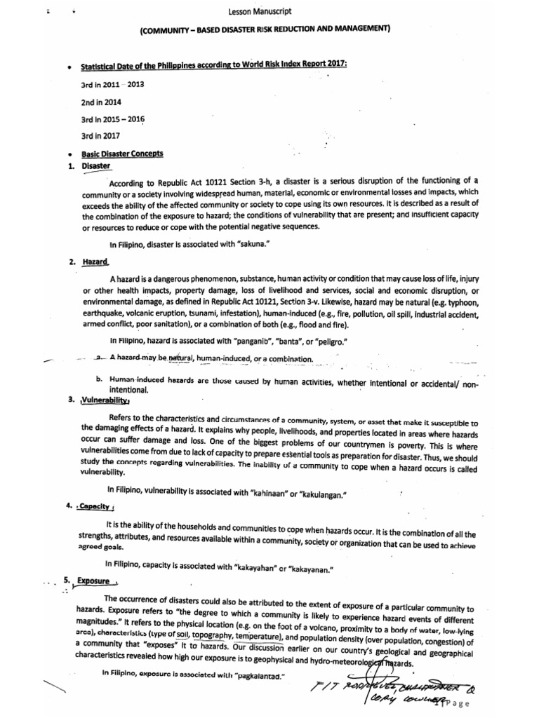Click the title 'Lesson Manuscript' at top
(x=260, y=12)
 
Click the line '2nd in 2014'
(x=101, y=102)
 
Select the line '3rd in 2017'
(x=101, y=136)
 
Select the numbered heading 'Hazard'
(x=95, y=262)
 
